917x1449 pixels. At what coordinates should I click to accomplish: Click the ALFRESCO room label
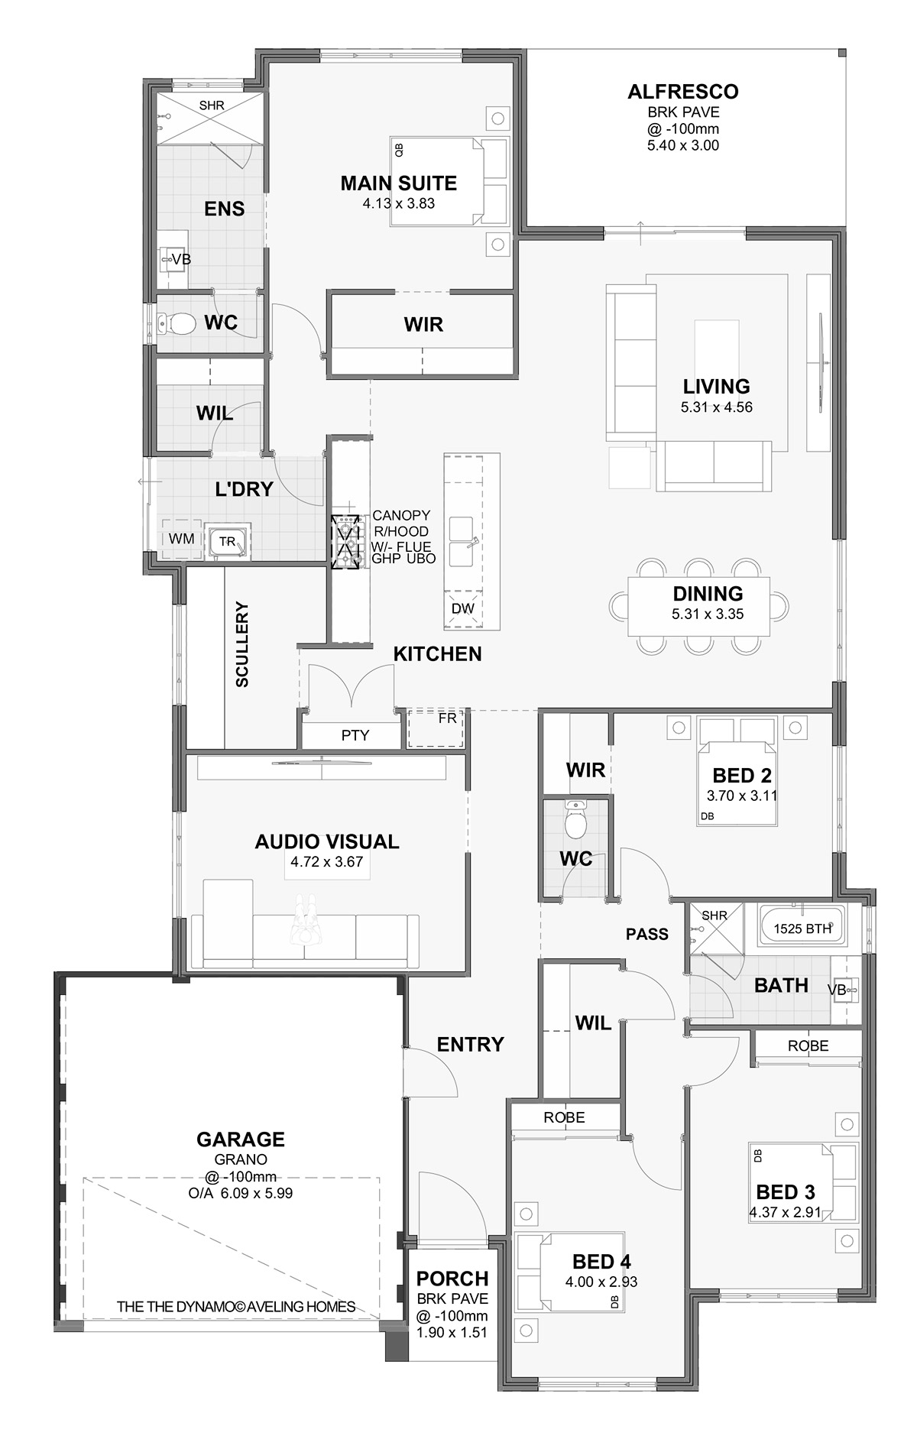[x=682, y=92]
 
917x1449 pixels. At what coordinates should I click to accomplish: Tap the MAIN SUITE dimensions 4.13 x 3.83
[x=398, y=203]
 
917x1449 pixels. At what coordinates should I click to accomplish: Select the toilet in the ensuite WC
[x=175, y=324]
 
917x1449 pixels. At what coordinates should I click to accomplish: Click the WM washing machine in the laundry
[x=181, y=539]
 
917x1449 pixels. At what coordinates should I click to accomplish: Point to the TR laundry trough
[x=228, y=541]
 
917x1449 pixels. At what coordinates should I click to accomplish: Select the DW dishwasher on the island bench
[x=463, y=609]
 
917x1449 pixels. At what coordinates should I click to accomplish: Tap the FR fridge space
[x=436, y=728]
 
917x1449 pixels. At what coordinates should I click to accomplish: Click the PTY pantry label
[x=355, y=735]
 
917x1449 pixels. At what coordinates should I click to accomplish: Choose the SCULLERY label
[x=242, y=645]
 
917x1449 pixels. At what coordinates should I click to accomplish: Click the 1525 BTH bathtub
[x=802, y=929]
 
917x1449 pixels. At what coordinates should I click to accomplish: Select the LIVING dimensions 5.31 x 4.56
[x=717, y=407]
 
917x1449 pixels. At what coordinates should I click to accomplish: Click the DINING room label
[x=708, y=594]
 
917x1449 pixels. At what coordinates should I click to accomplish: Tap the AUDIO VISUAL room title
[x=327, y=841]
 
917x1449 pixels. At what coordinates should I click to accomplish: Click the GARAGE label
[x=241, y=1139]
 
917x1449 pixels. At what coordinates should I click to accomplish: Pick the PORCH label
[x=452, y=1279]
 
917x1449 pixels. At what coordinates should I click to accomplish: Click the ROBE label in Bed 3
[x=808, y=1045]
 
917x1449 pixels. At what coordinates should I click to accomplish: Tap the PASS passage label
[x=647, y=934]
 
